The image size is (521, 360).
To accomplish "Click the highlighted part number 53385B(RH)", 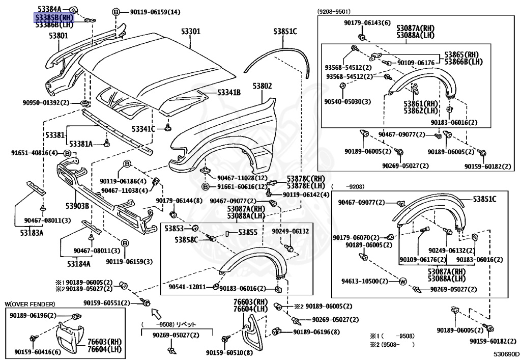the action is (54, 17).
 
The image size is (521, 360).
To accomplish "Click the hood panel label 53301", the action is (191, 31).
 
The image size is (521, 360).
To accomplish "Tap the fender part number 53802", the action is (262, 86).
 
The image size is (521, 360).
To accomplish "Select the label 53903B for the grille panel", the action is (77, 206).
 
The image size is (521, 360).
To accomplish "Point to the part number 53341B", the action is (229, 92).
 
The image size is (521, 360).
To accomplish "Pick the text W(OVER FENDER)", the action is (30, 304).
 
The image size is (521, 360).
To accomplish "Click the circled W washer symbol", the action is (402, 282).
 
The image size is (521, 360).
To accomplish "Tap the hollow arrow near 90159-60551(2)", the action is (156, 313).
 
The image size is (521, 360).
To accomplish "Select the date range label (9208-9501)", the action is (334, 12).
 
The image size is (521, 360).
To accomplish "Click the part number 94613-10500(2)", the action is (364, 281).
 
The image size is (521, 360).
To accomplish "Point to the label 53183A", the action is (32, 233).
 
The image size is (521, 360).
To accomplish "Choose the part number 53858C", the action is (186, 239).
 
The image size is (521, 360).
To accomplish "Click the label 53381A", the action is (81, 144).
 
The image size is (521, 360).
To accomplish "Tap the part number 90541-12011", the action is (187, 287).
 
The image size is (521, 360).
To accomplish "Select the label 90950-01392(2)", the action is (46, 102).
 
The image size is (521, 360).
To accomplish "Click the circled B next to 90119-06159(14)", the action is (115, 12).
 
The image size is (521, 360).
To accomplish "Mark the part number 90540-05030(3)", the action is (348, 102).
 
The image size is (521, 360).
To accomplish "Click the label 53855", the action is (248, 232).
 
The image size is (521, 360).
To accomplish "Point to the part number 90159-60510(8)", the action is (229, 353).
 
